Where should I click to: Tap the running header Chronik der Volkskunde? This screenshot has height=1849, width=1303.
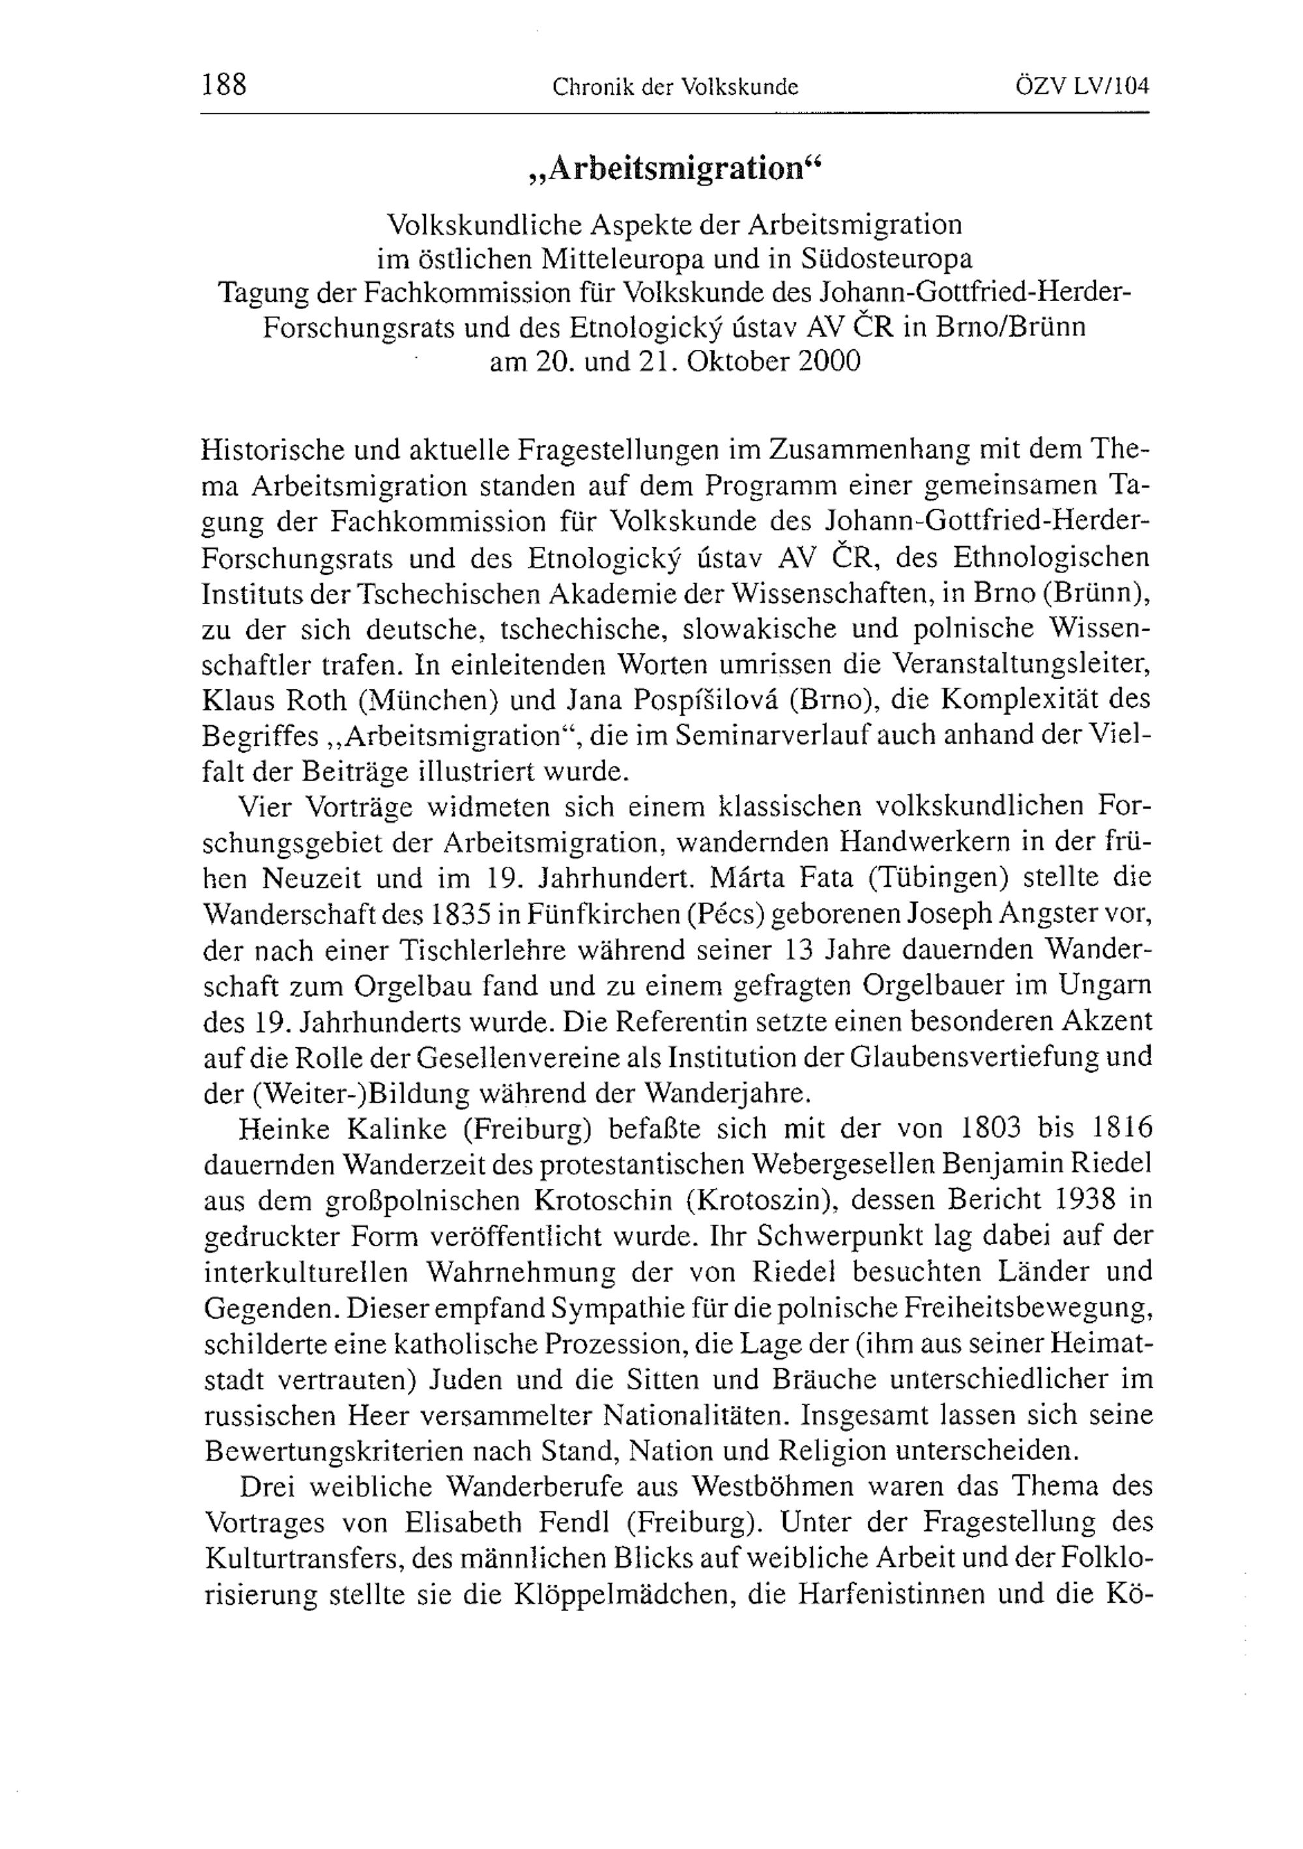(674, 87)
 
